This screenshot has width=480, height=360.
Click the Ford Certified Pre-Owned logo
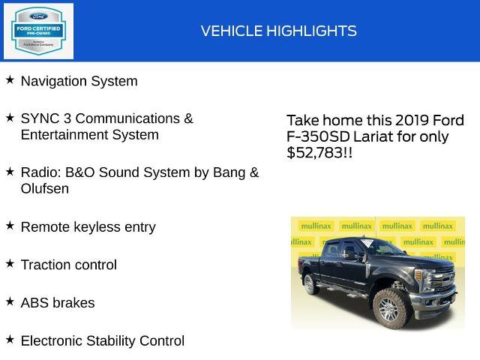38,31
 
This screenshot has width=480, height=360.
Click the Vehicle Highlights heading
278,31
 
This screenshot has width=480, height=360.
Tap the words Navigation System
79,81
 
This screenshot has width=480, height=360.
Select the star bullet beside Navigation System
10,79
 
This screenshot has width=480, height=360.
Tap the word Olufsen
45,189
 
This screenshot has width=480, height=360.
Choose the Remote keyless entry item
88,226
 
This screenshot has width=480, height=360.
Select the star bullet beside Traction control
10,263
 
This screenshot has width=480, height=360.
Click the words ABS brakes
58,303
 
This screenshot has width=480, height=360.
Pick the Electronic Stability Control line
102,340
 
